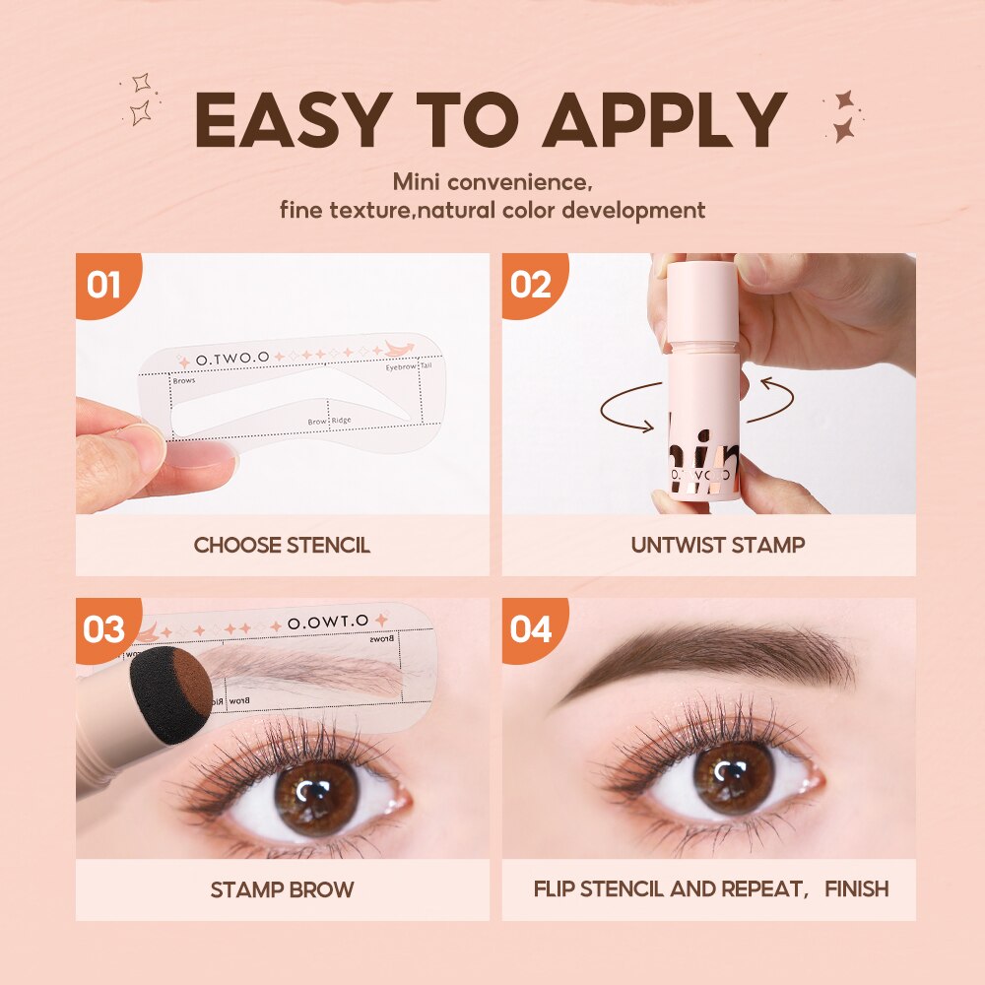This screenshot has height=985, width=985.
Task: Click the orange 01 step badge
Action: tap(103, 286)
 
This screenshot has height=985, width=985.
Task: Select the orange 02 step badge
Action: tap(530, 286)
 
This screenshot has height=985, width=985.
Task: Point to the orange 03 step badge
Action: tap(103, 628)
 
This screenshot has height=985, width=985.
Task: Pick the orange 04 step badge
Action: tap(530, 628)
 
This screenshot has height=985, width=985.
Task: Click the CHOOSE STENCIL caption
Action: tap(282, 545)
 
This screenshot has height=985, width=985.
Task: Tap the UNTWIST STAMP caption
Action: tap(709, 545)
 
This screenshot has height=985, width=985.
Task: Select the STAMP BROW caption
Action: tap(282, 889)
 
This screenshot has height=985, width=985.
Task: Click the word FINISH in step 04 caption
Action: tap(856, 889)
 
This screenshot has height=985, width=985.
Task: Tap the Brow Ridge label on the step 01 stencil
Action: tap(328, 421)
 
